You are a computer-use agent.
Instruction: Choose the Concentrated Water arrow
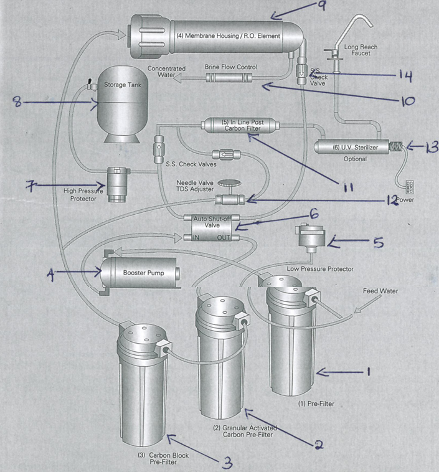coord(181,77)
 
